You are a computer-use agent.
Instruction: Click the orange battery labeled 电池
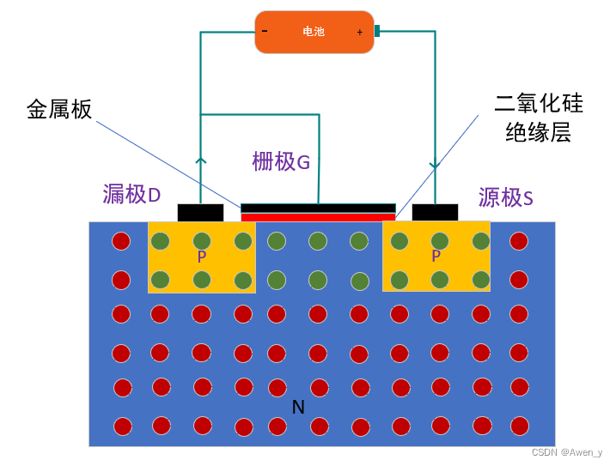tap(292, 32)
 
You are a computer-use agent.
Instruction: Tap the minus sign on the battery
tap(265, 32)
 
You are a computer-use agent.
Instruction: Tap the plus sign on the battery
tap(359, 33)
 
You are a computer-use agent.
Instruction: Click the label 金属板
tap(59, 110)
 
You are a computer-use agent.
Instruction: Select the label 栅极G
tap(281, 161)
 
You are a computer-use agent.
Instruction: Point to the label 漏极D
tap(131, 195)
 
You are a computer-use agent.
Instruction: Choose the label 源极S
tap(506, 198)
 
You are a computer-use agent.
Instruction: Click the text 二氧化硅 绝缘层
tap(539, 118)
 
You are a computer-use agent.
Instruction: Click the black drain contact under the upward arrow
tap(200, 212)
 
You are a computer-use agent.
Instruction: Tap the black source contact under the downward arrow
tap(435, 212)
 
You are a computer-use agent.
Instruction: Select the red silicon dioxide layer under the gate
tap(318, 217)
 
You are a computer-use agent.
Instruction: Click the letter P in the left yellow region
tap(202, 257)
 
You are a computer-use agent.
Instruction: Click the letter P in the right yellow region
tap(436, 257)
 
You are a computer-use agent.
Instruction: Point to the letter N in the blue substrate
tap(298, 407)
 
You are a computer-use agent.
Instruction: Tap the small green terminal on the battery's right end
tap(376, 31)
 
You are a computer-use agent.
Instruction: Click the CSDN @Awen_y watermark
tap(566, 452)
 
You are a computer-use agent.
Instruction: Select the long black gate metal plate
tap(318, 208)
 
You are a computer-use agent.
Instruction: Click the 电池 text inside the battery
tap(314, 32)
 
